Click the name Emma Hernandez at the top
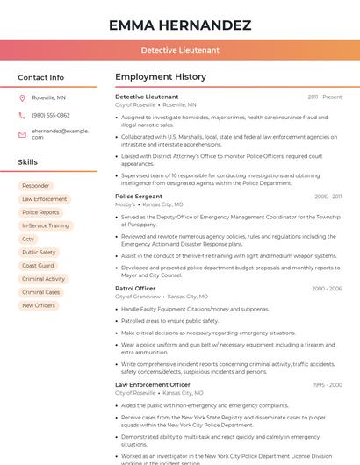click(x=180, y=25)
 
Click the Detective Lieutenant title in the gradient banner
click(x=180, y=50)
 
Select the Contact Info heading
click(x=41, y=77)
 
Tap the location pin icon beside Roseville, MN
click(x=22, y=97)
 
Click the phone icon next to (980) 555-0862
click(x=22, y=115)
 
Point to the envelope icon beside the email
click(x=22, y=134)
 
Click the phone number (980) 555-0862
click(x=50, y=115)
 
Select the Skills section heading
click(x=28, y=162)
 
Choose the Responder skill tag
click(x=36, y=186)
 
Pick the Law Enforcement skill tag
click(x=44, y=199)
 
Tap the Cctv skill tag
click(x=29, y=239)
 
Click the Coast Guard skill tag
click(x=38, y=266)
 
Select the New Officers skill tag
click(x=39, y=305)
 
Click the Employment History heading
click(x=161, y=77)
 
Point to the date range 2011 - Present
click(x=325, y=97)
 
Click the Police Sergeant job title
click(x=139, y=197)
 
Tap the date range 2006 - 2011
click(x=328, y=197)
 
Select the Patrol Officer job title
click(x=135, y=289)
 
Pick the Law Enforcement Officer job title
click(x=153, y=384)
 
